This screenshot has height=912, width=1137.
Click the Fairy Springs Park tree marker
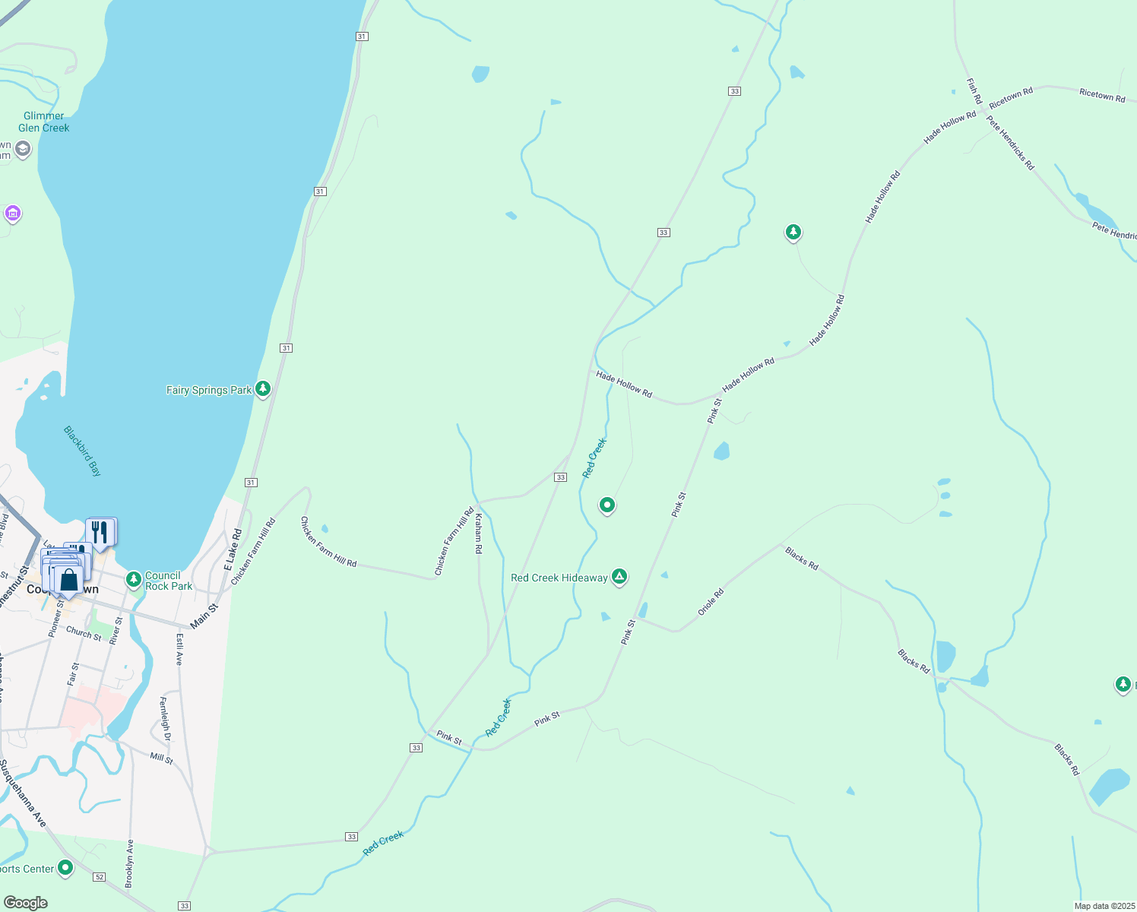(x=263, y=389)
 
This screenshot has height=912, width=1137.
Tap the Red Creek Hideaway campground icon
(x=620, y=577)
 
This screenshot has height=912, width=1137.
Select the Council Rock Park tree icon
(x=134, y=580)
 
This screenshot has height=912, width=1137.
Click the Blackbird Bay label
(x=82, y=451)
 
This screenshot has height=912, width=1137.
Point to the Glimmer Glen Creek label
(x=44, y=122)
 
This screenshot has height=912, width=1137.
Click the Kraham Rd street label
(x=478, y=533)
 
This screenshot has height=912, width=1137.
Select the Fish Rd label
(x=974, y=90)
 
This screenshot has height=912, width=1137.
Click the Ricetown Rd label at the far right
(x=1102, y=95)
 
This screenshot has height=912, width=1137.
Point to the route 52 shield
(x=100, y=877)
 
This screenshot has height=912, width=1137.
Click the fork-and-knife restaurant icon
(x=100, y=531)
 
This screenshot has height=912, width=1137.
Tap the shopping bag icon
(x=68, y=581)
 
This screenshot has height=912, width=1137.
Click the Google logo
(x=26, y=903)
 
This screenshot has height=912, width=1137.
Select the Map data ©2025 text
(x=1104, y=906)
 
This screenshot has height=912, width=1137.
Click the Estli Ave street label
(x=180, y=649)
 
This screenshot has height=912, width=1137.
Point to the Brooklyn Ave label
(x=129, y=863)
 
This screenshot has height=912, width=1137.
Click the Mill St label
(x=161, y=758)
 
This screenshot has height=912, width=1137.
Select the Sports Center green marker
(x=65, y=867)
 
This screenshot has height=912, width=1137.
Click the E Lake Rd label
(x=232, y=549)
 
